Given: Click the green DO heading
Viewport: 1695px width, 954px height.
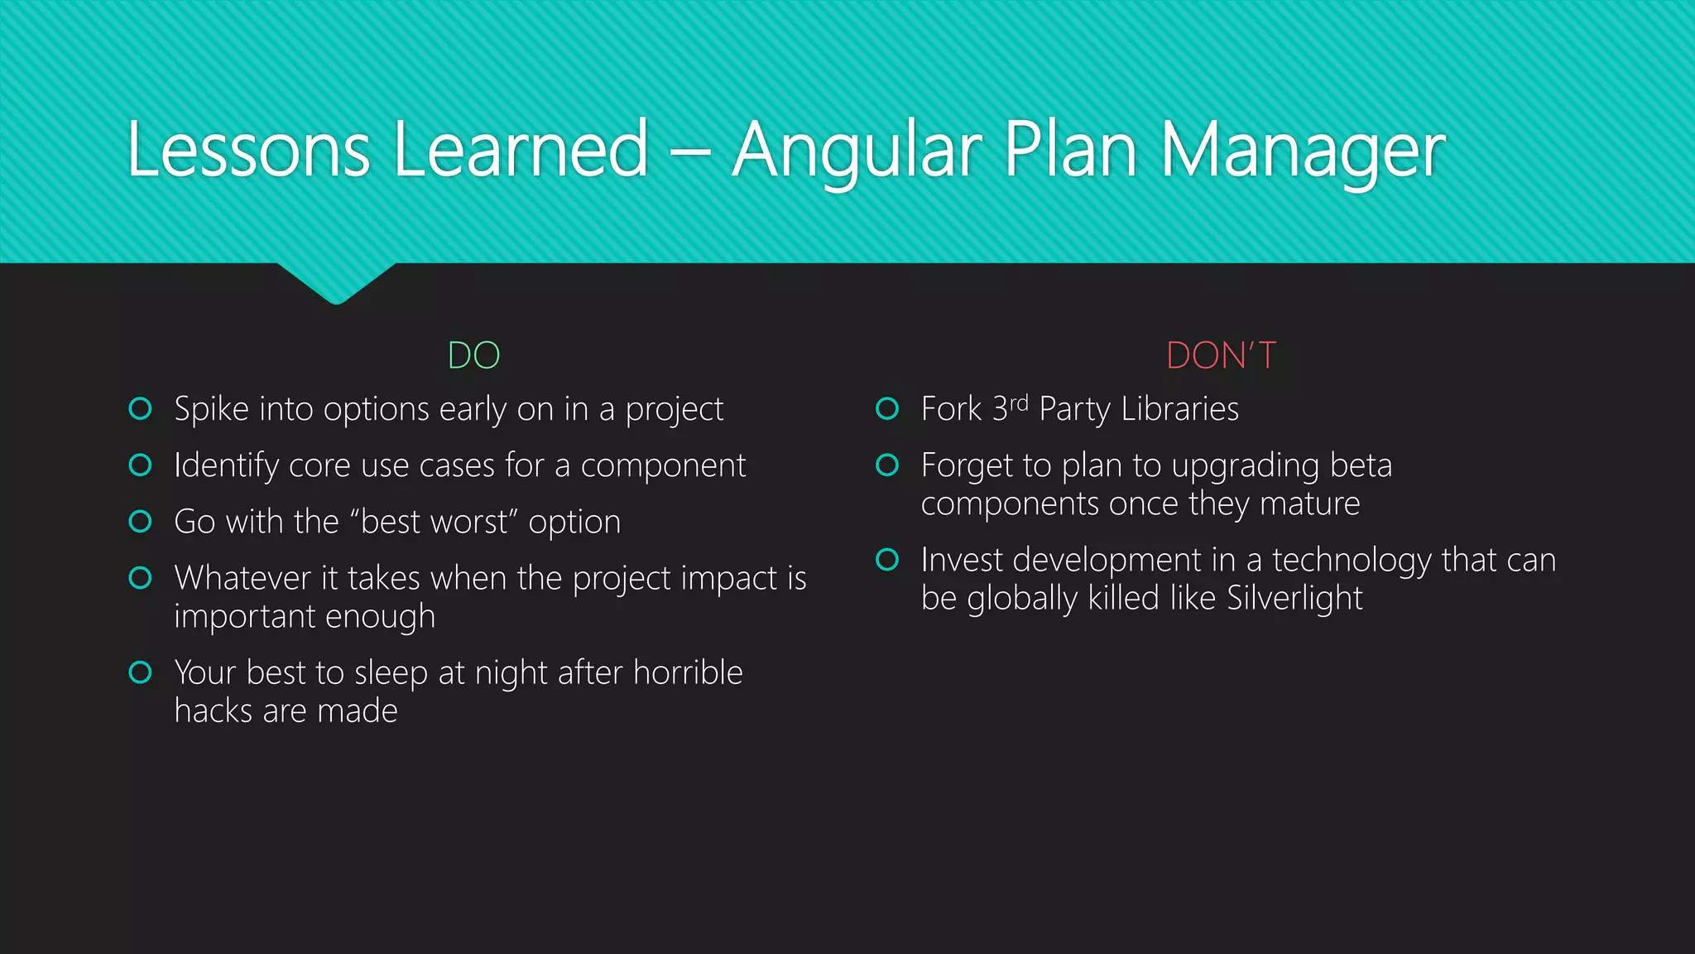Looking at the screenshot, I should [473, 356].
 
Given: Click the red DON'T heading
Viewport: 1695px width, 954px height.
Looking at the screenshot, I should [1221, 356].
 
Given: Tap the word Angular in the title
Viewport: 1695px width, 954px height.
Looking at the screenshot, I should [857, 151].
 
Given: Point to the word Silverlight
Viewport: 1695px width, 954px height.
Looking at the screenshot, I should [1294, 598].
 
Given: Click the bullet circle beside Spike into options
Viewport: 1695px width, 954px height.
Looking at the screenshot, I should [141, 409].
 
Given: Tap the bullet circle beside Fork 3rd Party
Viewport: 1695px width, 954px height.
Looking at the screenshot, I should [887, 409].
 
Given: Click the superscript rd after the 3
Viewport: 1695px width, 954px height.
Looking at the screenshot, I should [1019, 403].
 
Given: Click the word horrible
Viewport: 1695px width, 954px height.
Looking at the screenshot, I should [688, 672].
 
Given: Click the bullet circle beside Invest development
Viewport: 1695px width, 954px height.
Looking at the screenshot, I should [887, 560].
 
